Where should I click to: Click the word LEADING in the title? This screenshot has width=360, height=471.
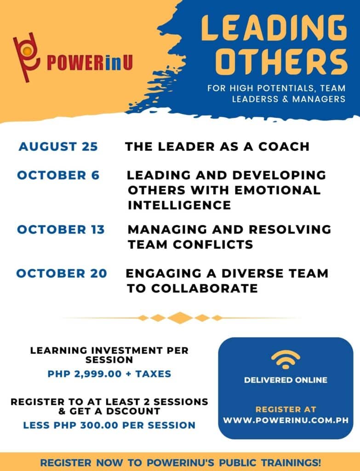(274, 29)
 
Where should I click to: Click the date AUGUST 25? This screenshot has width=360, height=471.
(58, 147)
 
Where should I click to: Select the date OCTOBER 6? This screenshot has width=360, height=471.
(58, 176)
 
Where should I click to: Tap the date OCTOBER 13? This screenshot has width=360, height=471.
(61, 230)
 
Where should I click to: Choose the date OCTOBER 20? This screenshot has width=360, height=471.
(62, 273)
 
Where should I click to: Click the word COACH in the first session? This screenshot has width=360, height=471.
(285, 147)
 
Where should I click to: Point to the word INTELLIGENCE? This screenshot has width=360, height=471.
(179, 205)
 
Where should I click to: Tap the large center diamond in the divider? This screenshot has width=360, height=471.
(180, 318)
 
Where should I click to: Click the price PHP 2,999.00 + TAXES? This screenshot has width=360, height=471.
(109, 374)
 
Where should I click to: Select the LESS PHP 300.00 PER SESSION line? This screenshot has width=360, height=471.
(109, 425)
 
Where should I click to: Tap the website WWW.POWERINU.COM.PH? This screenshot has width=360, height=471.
(286, 420)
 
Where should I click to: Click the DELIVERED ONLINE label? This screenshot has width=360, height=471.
(286, 380)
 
